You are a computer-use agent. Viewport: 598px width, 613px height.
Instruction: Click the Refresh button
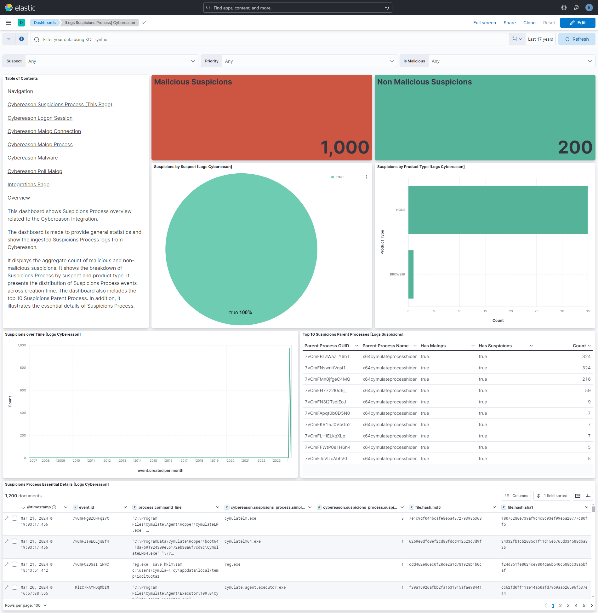pyautogui.click(x=577, y=39)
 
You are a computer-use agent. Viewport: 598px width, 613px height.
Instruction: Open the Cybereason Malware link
pyautogui.click(x=32, y=158)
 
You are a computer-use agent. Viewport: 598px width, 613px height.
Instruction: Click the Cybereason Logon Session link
pyautogui.click(x=40, y=118)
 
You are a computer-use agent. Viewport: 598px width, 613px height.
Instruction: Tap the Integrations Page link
pyautogui.click(x=28, y=184)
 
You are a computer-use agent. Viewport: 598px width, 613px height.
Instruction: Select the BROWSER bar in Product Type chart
pyautogui.click(x=411, y=274)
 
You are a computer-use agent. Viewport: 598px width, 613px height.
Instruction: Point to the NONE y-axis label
pyautogui.click(x=401, y=210)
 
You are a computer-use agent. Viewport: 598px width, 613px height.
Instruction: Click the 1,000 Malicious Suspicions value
pyautogui.click(x=345, y=147)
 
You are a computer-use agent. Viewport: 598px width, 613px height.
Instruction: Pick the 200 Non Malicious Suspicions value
pyautogui.click(x=575, y=147)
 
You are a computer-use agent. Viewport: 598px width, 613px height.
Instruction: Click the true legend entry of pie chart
pyautogui.click(x=339, y=177)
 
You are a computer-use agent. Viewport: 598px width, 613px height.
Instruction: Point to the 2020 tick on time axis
pyautogui.click(x=231, y=460)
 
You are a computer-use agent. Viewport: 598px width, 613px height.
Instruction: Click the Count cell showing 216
pyautogui.click(x=586, y=379)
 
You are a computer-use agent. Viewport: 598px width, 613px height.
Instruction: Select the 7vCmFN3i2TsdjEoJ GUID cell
pyautogui.click(x=325, y=402)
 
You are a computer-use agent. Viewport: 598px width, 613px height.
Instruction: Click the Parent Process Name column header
pyautogui.click(x=385, y=346)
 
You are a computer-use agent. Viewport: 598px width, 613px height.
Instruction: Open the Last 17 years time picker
pyautogui.click(x=540, y=39)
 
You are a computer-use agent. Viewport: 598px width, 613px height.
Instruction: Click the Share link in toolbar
pyautogui.click(x=509, y=23)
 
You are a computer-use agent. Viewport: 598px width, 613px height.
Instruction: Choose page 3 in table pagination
pyautogui.click(x=568, y=605)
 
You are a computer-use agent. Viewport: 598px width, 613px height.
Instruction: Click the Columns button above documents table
pyautogui.click(x=516, y=496)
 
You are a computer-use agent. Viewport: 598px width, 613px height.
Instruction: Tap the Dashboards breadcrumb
pyautogui.click(x=45, y=23)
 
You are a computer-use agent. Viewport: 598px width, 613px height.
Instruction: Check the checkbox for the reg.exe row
pyautogui.click(x=14, y=564)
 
